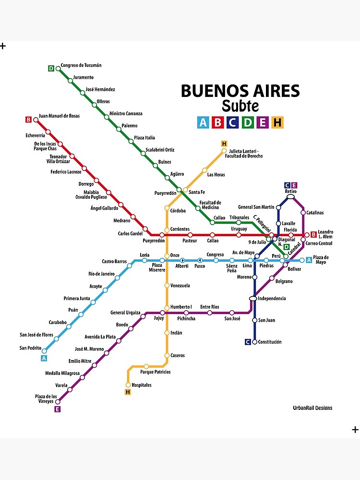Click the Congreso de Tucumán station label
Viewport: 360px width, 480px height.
[81, 65]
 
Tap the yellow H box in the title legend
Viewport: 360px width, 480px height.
[277, 122]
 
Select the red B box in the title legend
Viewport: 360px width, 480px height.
[218, 122]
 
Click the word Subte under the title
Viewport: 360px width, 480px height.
[240, 106]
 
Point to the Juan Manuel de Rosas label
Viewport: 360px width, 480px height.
[59, 116]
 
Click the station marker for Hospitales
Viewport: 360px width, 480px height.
[128, 385]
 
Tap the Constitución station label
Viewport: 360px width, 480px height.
[270, 342]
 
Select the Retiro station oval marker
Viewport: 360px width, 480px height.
[291, 197]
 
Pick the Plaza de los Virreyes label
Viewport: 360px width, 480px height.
[46, 398]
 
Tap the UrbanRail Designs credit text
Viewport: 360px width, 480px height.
[312, 408]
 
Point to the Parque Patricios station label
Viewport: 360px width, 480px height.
[155, 372]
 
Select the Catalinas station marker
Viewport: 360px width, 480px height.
[303, 212]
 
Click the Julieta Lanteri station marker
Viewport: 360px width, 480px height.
[224, 151]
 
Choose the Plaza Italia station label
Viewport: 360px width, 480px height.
[144, 138]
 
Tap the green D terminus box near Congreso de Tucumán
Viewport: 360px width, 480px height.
[51, 68]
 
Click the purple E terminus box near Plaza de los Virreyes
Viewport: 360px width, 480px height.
[58, 409]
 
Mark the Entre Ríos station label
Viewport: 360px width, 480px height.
[209, 307]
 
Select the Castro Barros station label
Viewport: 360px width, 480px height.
[114, 262]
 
